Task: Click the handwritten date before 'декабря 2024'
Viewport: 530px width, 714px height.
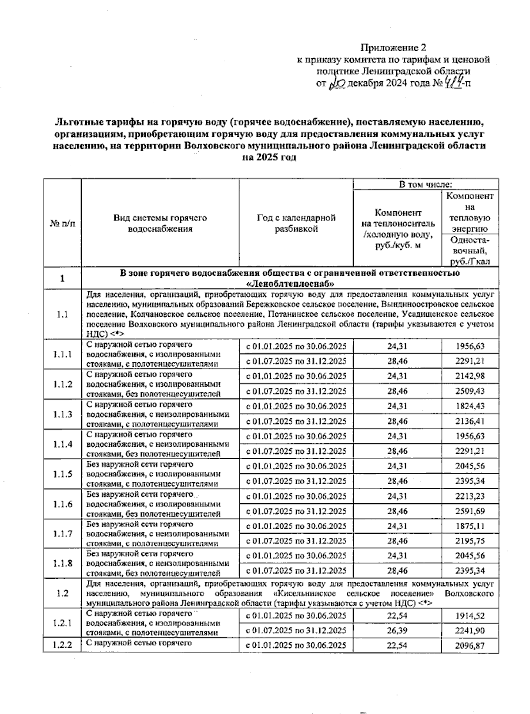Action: (338, 83)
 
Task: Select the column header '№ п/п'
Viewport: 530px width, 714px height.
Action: (62, 223)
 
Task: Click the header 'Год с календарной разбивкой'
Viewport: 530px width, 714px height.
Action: (296, 223)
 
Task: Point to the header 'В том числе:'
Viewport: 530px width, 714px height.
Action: (425, 184)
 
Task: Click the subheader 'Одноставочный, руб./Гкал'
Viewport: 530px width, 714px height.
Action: (470, 251)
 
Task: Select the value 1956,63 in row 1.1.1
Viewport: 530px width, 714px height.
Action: (470, 346)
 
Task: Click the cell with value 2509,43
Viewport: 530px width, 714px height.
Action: (470, 391)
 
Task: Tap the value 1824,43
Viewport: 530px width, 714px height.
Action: (470, 406)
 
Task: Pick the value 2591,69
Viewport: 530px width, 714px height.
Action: (470, 511)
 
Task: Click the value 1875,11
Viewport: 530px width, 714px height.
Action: (470, 526)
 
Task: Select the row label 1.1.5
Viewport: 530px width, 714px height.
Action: (62, 474)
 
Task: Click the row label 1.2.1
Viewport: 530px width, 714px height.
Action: (62, 623)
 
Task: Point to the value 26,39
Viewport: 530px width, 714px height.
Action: (397, 630)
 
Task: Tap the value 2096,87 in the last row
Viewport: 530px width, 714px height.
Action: (470, 646)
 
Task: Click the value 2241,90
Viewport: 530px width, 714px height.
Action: (470, 630)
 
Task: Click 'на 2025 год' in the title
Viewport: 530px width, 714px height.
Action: (269, 158)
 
